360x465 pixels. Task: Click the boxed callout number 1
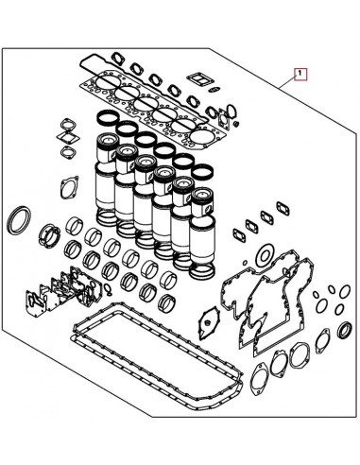coord(300,72)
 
